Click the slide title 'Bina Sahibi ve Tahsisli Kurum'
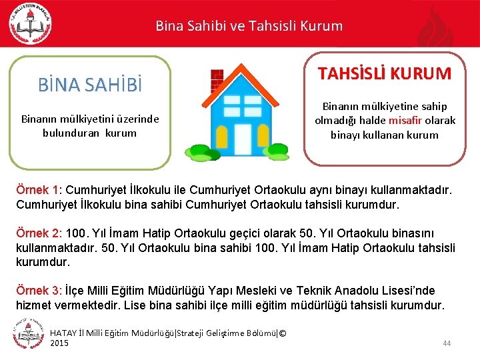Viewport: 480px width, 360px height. point(249,27)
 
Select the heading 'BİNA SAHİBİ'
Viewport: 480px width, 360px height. point(90,85)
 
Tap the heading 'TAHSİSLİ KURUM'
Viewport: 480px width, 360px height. point(385,73)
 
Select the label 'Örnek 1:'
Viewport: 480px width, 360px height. point(39,191)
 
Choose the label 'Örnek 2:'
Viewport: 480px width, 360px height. point(39,234)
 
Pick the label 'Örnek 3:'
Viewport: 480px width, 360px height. point(39,291)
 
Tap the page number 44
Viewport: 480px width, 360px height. point(447,343)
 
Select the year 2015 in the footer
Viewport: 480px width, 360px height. point(59,343)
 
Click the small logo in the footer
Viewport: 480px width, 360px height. point(27,333)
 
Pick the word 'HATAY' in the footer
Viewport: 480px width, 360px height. point(64,333)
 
